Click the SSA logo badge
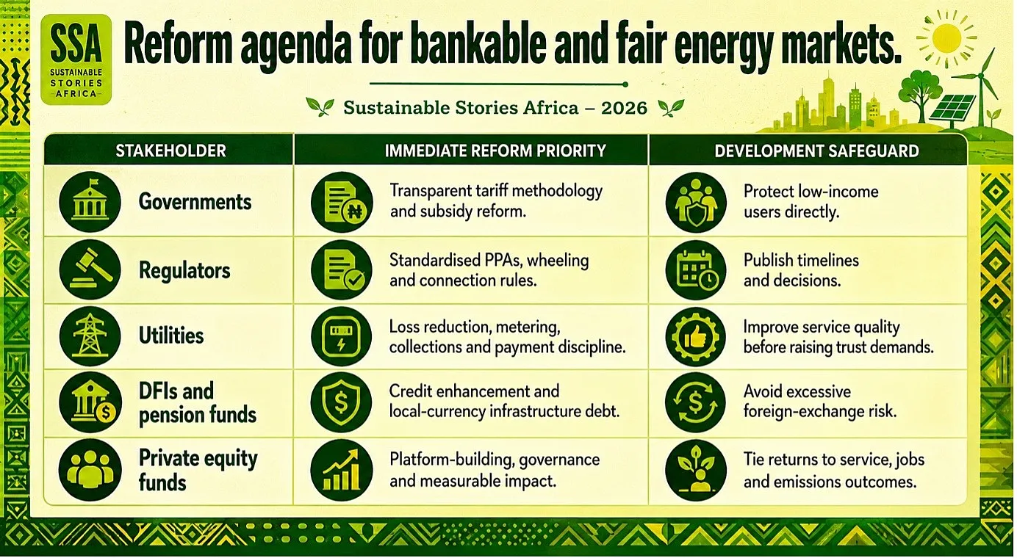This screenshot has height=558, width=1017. click(x=76, y=59)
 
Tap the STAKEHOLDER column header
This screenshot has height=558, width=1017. click(x=170, y=151)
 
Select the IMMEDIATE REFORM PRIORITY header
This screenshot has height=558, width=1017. click(x=495, y=151)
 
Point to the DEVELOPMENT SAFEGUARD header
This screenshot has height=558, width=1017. click(x=817, y=151)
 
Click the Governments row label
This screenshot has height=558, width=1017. click(x=195, y=202)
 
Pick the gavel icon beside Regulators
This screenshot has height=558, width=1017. click(x=90, y=269)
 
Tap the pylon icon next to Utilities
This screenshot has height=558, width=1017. click(x=90, y=336)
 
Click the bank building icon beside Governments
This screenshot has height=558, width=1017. click(x=90, y=202)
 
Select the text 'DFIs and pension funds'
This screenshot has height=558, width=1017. click(x=198, y=403)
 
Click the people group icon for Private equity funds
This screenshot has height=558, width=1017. click(x=90, y=470)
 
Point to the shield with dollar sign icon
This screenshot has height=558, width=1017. click(x=342, y=402)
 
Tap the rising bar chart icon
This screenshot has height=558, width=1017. click(x=342, y=470)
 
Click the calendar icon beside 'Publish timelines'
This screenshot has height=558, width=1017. click(x=696, y=270)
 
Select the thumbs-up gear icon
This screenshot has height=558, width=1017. click(x=696, y=336)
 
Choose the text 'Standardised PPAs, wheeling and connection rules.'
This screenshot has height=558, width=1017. click(x=489, y=270)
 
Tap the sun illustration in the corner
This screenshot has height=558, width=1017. click(x=946, y=39)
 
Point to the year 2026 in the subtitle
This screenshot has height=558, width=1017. click(x=624, y=108)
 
